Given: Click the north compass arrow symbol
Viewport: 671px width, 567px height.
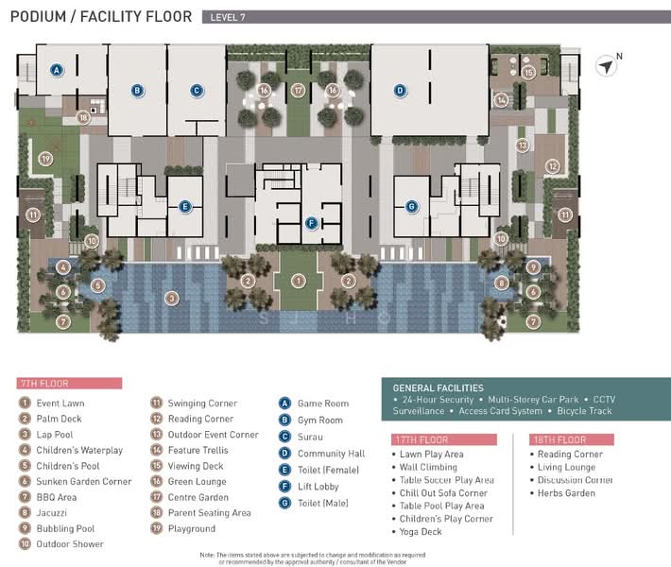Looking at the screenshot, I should (606, 65).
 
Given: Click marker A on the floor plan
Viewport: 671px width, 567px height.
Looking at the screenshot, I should (57, 70).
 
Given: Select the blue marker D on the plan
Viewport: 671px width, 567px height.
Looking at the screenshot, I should (400, 91).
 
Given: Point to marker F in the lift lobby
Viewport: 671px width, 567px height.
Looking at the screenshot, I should (311, 223).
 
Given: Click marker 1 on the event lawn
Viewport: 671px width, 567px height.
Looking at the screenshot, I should (298, 280).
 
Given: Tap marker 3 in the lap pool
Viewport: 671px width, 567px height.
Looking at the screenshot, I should (171, 298).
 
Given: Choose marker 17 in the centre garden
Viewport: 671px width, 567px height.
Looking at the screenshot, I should (298, 91).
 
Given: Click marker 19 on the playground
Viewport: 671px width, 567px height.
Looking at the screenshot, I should (44, 159).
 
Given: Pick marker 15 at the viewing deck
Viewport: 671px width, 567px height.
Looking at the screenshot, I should (529, 72).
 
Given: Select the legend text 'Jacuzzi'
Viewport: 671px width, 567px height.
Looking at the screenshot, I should (55, 513).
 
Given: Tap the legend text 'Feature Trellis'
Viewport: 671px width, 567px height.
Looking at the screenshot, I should (198, 451).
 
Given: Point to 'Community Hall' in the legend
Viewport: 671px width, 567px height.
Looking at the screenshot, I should (331, 454).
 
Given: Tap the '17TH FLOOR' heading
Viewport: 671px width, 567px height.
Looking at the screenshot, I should (421, 439).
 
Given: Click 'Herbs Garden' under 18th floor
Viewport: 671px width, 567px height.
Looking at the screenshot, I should (567, 493).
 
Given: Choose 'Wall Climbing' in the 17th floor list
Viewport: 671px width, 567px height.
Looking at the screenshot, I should (430, 467).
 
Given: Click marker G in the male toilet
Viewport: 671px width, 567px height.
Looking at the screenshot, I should (411, 206).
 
